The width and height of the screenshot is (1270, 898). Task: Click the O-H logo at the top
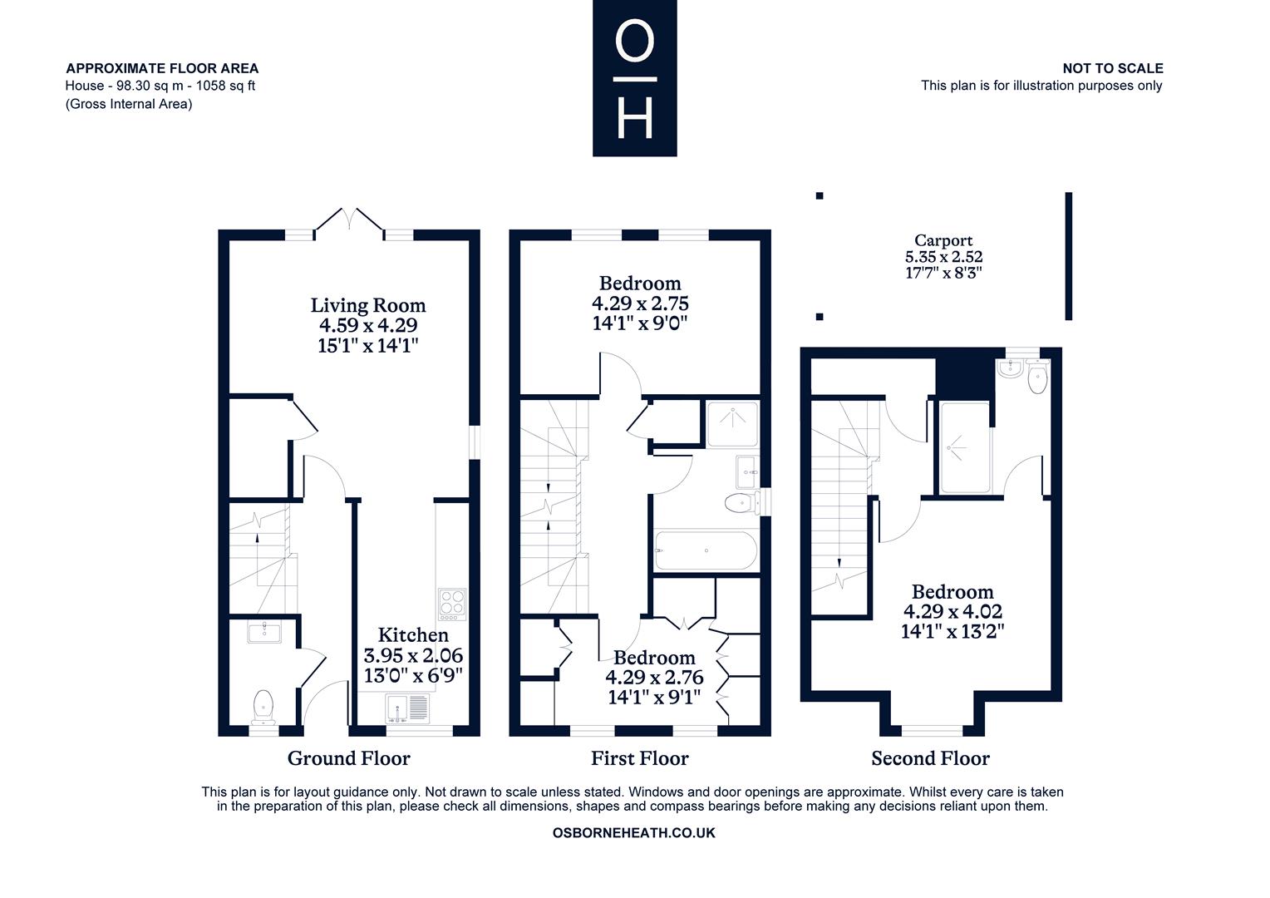[634, 77]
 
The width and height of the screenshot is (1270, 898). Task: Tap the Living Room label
[368, 305]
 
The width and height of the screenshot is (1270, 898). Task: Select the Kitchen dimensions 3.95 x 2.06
[413, 656]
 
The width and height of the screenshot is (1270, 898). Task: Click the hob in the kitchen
[452, 604]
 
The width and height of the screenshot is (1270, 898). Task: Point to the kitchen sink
[407, 708]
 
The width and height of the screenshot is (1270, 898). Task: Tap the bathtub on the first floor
[706, 550]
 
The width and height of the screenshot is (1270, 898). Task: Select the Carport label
[943, 240]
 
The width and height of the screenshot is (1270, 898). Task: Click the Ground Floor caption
[349, 758]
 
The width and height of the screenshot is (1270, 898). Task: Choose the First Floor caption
[639, 758]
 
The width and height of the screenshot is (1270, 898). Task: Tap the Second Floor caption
[930, 758]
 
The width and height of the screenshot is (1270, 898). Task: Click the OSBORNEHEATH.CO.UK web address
[634, 833]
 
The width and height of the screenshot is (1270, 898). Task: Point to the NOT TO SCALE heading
[1112, 69]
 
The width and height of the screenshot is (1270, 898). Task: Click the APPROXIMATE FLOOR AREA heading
[162, 69]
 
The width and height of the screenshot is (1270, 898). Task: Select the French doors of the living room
[349, 220]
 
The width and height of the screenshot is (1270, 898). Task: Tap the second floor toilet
[1037, 377]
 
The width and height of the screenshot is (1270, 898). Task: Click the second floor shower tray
[965, 447]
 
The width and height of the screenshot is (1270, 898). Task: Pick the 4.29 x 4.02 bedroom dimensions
[952, 611]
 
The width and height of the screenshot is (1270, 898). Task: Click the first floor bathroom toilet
[742, 502]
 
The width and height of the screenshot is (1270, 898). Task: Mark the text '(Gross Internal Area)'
[129, 105]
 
